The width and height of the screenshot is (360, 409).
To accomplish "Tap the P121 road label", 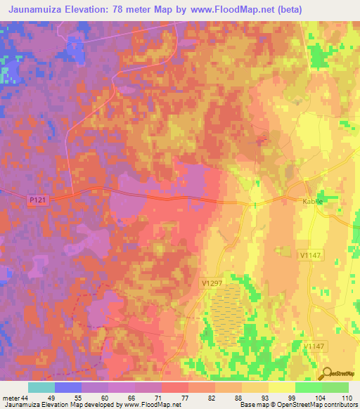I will pos(39,200).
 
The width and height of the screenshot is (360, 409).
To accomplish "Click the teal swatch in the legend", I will pos(41,387).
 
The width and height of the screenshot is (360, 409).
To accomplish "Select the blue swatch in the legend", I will pos(68,387).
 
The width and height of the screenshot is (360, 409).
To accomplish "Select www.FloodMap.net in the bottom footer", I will pos(148,405).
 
